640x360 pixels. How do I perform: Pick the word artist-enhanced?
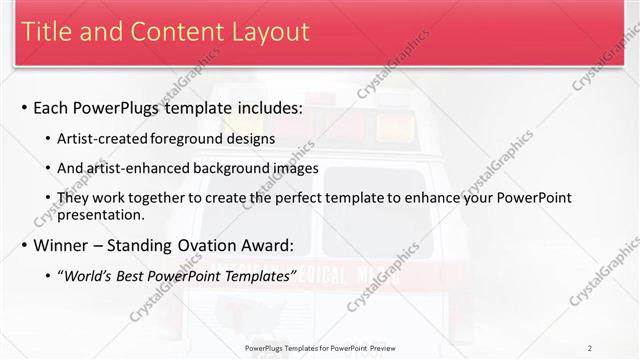coord(144,168)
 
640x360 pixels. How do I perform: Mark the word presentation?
coord(103,215)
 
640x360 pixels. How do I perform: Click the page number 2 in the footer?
coord(590,348)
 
